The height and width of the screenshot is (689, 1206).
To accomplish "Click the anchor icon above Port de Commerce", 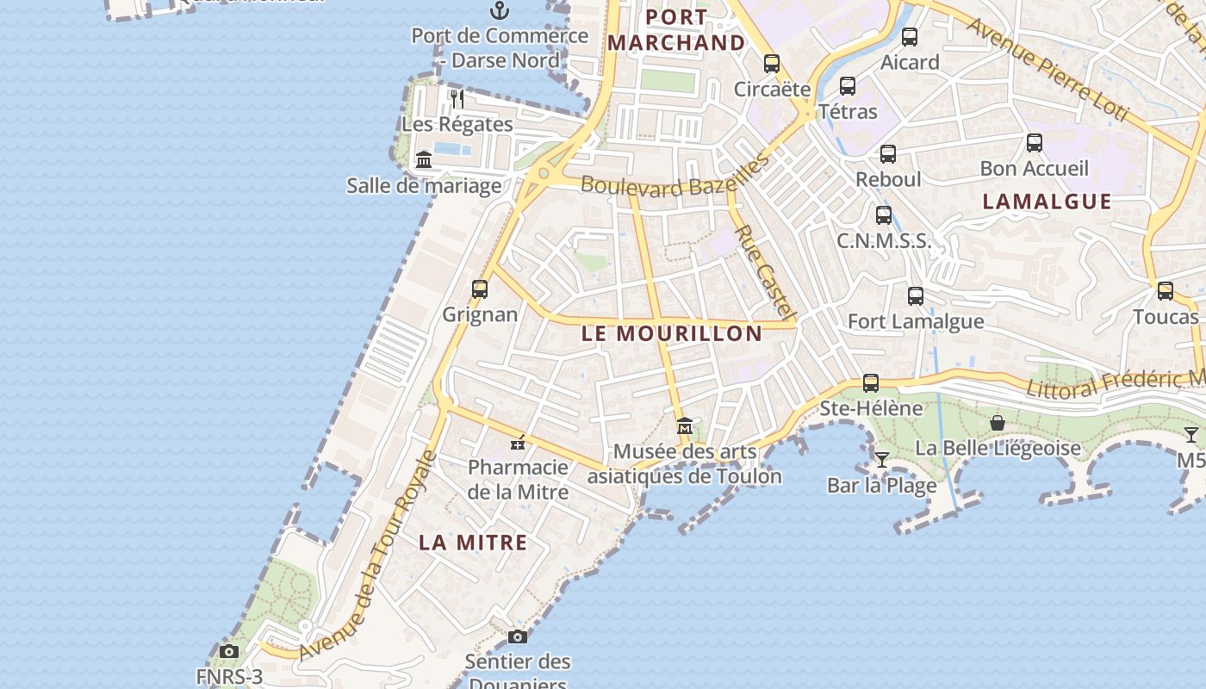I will tap(499, 10).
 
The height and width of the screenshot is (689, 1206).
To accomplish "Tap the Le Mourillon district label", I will tap(672, 333).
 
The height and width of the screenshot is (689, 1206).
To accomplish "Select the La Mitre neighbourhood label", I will tap(473, 543).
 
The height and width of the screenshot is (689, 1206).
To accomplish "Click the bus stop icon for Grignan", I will tap(480, 289).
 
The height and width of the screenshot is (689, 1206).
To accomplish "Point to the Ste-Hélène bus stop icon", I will tap(871, 383).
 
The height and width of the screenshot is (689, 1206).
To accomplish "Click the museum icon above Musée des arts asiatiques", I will tap(685, 425).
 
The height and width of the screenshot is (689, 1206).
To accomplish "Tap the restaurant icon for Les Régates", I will tap(457, 99).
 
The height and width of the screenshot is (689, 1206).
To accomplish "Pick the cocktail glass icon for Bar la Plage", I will tap(881, 459).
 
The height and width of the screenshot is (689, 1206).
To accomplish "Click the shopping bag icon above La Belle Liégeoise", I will tap(998, 423).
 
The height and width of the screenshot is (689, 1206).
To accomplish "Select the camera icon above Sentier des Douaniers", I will tap(518, 637).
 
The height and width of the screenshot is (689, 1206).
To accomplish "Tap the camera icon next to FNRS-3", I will tap(228, 652).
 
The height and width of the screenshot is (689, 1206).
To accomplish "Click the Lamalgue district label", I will tap(1047, 202).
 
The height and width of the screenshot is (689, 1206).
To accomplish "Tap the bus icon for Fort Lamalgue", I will tap(916, 296).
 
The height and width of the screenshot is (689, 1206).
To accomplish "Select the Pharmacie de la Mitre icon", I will tap(518, 444).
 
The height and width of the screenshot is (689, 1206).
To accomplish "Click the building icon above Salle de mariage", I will tap(424, 160).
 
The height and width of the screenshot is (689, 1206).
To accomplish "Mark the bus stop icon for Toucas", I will tap(1166, 291).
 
